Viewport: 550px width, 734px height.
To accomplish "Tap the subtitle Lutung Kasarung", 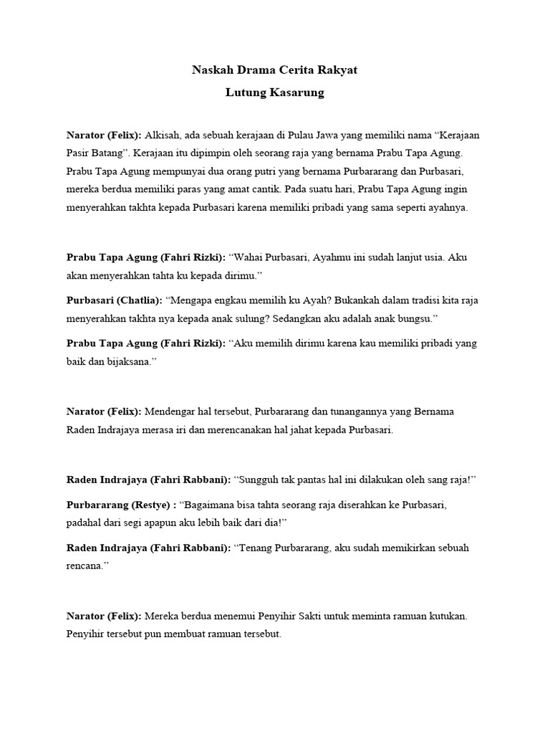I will coord(274,93).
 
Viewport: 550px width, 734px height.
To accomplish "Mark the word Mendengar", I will coord(170,411).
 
